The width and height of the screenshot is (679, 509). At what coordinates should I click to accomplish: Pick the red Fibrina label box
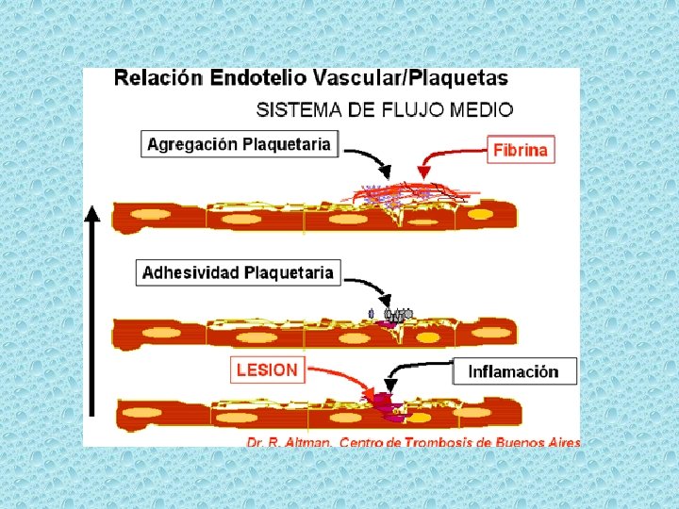click(520, 149)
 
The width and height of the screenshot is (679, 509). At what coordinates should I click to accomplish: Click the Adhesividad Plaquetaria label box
click(238, 272)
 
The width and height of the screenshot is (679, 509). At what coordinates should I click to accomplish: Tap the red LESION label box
click(267, 369)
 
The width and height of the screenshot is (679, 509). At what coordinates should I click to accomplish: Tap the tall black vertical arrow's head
click(91, 213)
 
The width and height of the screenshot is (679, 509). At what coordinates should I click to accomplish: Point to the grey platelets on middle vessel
click(397, 315)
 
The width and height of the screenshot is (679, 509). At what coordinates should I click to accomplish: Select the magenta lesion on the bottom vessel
click(388, 402)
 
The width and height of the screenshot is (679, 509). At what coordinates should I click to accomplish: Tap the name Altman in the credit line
click(307, 441)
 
